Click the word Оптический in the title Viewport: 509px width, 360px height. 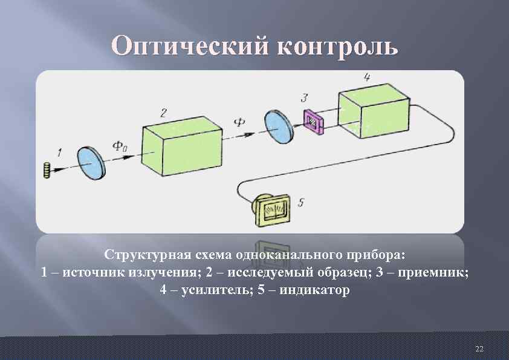tap(188, 45)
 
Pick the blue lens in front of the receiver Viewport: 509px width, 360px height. tap(279, 127)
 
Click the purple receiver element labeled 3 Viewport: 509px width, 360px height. tap(314, 122)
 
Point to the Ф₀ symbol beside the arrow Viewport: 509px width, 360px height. tap(119, 145)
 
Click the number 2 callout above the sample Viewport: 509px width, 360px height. tap(163, 113)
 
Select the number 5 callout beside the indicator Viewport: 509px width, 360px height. tap(300, 202)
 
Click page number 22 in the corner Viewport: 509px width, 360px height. tap(479, 349)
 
